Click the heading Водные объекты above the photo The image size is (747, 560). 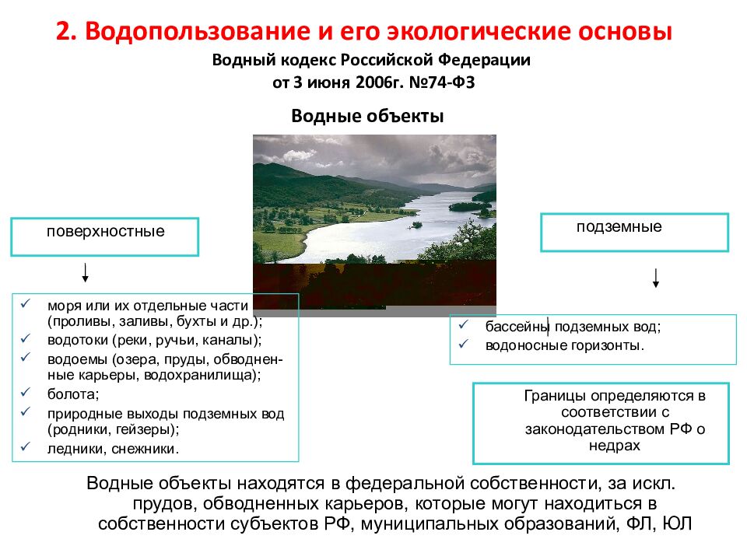tap(367, 116)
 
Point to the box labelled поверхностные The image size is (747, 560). tap(104, 236)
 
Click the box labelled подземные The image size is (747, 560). tap(634, 232)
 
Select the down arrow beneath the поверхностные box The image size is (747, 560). tap(84, 273)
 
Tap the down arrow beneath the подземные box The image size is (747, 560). tap(656, 278)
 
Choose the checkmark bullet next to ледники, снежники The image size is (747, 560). tap(26, 447)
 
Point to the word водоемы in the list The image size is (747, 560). tap(76, 359)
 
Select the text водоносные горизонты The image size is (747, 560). tap(565, 345)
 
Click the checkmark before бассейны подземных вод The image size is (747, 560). tap(464, 327)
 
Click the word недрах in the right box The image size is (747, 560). tap(614, 445)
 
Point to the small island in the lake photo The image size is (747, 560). tap(417, 225)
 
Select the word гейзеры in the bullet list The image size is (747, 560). tap(143, 429)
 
